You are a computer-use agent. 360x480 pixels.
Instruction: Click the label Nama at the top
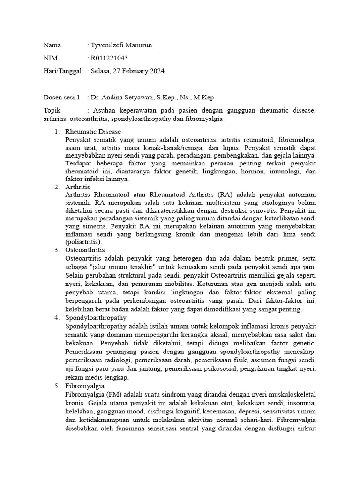pyautogui.click(x=52, y=45)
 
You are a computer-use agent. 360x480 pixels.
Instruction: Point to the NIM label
pyautogui.click(x=51, y=58)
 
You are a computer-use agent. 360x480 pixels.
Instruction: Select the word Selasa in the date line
pyautogui.click(x=101, y=71)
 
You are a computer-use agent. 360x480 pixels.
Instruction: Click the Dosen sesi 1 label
pyautogui.click(x=62, y=97)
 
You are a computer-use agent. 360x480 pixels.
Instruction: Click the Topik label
pyautogui.click(x=52, y=111)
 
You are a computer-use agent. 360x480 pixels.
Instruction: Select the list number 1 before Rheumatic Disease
pyautogui.click(x=56, y=132)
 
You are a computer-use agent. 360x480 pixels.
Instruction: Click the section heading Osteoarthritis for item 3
pyautogui.click(x=85, y=250)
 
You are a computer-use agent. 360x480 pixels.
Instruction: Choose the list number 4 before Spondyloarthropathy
pyautogui.click(x=56, y=318)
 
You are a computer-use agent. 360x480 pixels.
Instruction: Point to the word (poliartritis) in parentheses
pyautogui.click(x=84, y=242)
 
